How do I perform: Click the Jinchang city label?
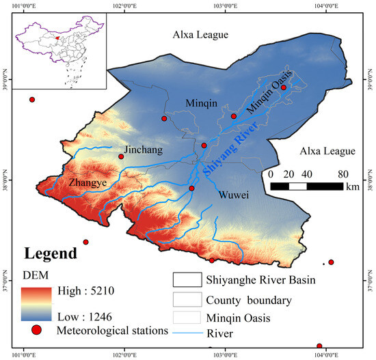(142, 149)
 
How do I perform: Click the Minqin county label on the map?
(202, 102)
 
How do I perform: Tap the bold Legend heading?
(51, 253)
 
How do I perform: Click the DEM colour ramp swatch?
(38, 303)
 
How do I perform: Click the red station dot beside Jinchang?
(121, 156)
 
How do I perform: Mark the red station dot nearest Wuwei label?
(191, 189)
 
